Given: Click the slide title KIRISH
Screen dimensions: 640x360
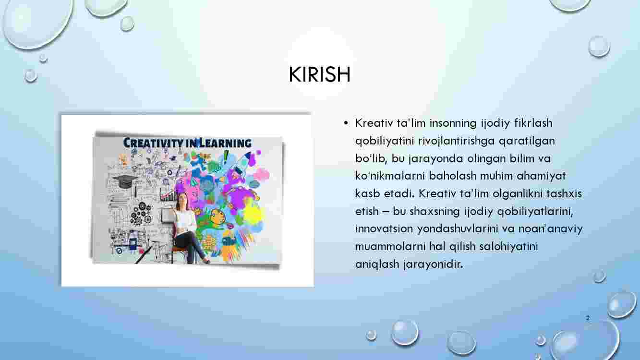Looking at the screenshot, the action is coord(319,74).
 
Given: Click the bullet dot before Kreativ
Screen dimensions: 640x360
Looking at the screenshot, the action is coord(346,123).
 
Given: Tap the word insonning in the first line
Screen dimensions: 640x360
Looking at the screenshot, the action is coord(453,123).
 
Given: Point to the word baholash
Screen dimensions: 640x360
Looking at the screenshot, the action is coord(453,176).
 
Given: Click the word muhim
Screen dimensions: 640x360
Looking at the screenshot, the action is coord(496,176).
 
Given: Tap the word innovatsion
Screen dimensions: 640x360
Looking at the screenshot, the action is coord(384,228).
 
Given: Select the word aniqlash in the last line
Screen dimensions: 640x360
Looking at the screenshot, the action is coord(377,264).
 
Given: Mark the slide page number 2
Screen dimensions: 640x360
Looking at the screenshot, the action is coord(588,318).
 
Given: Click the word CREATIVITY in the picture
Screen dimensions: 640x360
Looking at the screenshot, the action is coord(154,143).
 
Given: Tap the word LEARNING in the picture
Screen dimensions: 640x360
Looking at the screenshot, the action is coord(225,143).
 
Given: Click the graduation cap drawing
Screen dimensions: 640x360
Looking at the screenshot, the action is coord(125,181).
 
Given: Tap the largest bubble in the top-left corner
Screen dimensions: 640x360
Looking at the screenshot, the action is coord(37,22).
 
